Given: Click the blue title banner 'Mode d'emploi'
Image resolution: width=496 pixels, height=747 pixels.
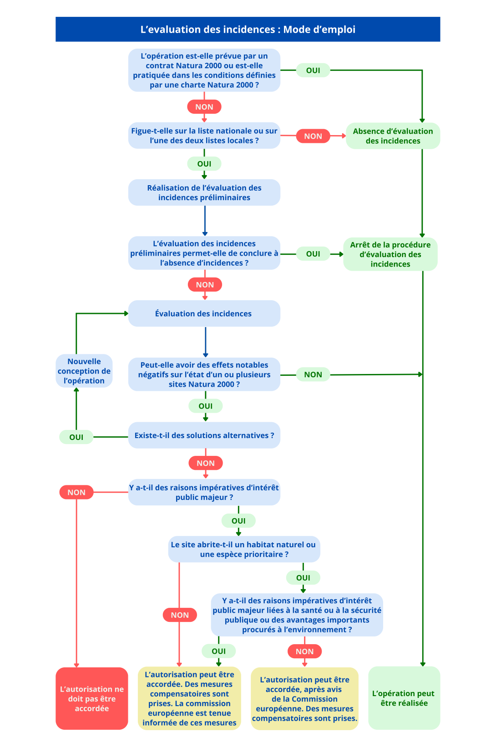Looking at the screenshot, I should [248, 30].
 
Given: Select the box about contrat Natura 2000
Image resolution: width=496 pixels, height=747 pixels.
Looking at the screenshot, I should [204, 71].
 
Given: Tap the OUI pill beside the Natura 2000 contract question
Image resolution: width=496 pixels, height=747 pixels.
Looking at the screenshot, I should [313, 71].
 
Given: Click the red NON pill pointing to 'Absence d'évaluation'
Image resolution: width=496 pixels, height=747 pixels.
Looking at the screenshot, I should [313, 136].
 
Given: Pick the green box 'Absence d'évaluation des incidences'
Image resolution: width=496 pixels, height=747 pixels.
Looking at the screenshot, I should [393, 136].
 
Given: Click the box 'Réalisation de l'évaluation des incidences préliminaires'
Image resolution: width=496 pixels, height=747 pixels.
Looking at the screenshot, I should [204, 192].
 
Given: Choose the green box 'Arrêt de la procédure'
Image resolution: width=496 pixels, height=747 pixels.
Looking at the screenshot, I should [390, 254].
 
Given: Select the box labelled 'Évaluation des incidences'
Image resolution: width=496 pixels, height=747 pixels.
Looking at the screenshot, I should [204, 313].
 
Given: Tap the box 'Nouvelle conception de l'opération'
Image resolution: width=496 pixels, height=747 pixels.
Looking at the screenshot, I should [84, 371].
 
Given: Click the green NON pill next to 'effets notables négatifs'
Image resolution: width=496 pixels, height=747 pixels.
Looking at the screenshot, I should [313, 374].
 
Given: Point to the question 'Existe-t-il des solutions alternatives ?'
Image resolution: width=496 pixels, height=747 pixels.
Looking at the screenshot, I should [204, 435].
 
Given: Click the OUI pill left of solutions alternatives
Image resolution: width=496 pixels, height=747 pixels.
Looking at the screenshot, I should [76, 437].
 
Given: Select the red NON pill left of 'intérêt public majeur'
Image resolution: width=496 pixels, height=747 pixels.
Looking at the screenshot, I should [76, 492].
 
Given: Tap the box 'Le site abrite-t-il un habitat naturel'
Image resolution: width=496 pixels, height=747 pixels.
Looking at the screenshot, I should [244, 549].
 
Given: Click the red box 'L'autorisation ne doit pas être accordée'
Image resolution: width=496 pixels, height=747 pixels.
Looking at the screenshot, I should [92, 699].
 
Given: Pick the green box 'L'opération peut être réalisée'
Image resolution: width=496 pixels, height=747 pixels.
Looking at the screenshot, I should [404, 698].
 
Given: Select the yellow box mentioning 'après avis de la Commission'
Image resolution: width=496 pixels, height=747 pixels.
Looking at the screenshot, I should [304, 699].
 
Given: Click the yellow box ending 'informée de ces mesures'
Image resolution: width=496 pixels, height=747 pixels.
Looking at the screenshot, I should [189, 699].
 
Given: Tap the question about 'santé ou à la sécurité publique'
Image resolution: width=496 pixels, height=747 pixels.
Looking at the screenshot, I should [297, 615].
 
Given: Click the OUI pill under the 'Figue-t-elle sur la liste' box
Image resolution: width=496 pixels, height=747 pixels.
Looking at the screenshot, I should [204, 164].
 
